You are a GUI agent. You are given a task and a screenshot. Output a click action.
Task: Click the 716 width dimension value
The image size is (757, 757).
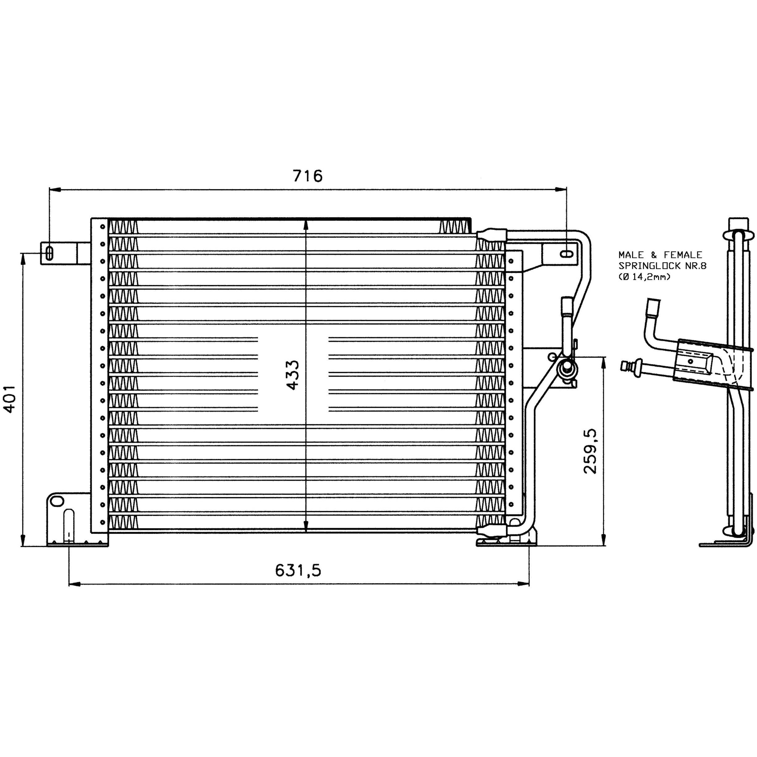coord(308,176)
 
